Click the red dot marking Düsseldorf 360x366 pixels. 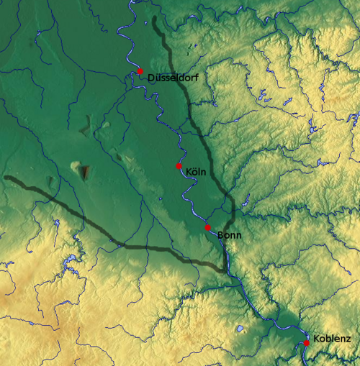coord(140,70)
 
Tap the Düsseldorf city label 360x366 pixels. coord(173,76)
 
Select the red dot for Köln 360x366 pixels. coord(179,166)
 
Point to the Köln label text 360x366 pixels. coord(196,172)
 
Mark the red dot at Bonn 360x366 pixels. coord(207,227)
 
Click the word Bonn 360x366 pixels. coord(229,235)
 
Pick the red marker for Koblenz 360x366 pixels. coord(306,343)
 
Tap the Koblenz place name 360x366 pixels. coord(332,338)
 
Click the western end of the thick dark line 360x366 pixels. coord(6,177)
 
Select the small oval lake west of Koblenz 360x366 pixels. coord(239,329)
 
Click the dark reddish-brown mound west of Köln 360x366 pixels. coord(85,172)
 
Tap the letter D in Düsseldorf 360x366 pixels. coord(150,76)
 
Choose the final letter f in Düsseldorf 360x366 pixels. coord(197,76)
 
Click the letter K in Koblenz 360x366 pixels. coord(317,338)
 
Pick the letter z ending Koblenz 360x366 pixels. coord(348,339)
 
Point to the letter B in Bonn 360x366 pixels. coord(220,235)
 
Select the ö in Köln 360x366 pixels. coord(194,172)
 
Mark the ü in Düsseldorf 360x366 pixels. coord(157,76)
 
